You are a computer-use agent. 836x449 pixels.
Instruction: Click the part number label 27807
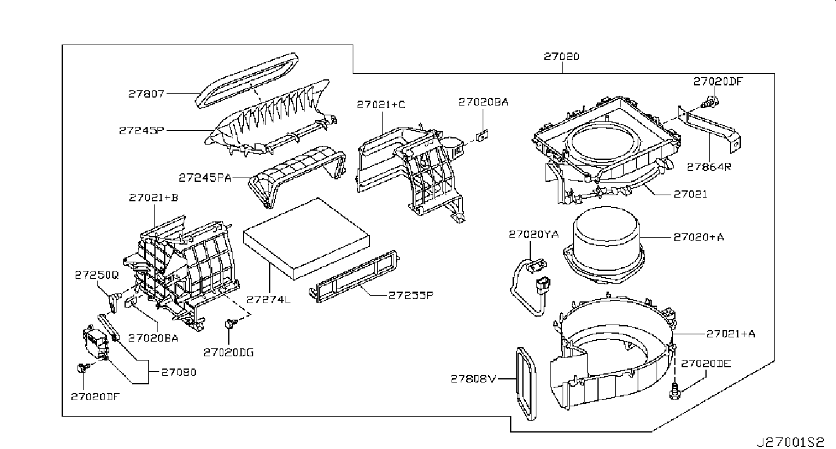tap(146, 94)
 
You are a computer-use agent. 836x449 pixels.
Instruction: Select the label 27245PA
tap(205, 178)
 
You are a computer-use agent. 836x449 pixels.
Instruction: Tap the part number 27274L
tap(268, 300)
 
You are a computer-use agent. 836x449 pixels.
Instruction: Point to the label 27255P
tap(411, 295)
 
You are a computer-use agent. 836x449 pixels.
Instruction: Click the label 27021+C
tap(381, 104)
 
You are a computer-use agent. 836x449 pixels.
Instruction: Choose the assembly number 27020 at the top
tap(561, 56)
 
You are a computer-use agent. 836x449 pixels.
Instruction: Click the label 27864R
tap(709, 167)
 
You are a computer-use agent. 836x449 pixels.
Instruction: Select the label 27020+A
tap(699, 237)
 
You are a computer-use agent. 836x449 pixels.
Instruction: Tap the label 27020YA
tap(534, 234)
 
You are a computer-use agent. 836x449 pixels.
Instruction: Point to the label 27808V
tap(474, 379)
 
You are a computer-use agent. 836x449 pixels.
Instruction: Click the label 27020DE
tap(706, 364)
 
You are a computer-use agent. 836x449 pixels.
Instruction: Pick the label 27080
tap(179, 372)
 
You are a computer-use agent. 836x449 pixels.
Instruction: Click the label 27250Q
tap(96, 275)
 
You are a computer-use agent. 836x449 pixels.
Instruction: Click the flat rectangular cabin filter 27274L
tap(306, 239)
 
